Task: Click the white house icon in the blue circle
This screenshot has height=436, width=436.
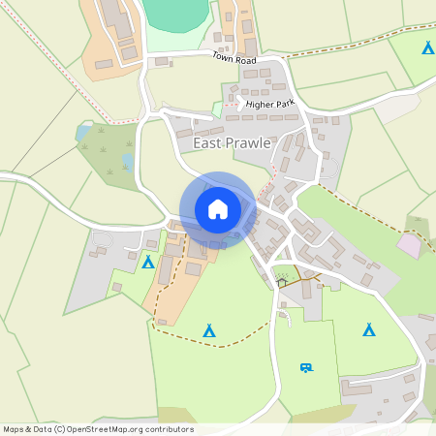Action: pyautogui.click(x=218, y=208)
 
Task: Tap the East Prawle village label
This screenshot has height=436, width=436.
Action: pyautogui.click(x=232, y=142)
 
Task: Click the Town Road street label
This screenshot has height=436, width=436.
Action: pyautogui.click(x=234, y=59)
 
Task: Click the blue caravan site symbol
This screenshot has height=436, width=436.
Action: pyautogui.click(x=307, y=366)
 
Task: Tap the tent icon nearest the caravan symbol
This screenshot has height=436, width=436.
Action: pyautogui.click(x=368, y=330)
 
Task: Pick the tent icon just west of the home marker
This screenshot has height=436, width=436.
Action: pyautogui.click(x=148, y=262)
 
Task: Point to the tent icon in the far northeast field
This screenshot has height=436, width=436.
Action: pyautogui.click(x=426, y=47)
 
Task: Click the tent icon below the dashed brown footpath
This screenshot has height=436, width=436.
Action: pyautogui.click(x=208, y=330)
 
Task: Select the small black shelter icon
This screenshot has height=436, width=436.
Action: pyautogui.click(x=283, y=282)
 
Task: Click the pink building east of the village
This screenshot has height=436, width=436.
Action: pyautogui.click(x=410, y=246)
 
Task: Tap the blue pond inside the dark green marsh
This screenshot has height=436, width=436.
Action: pyautogui.click(x=128, y=160)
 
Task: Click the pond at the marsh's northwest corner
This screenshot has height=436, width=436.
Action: pyautogui.click(x=83, y=132)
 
